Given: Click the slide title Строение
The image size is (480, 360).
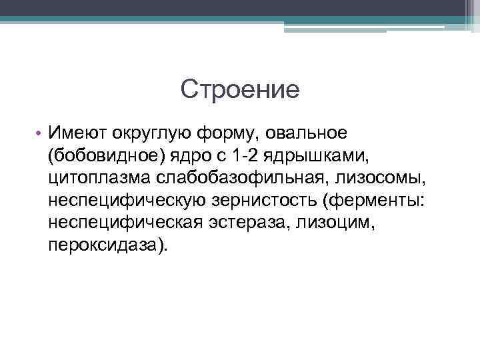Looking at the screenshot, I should tap(240, 89).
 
